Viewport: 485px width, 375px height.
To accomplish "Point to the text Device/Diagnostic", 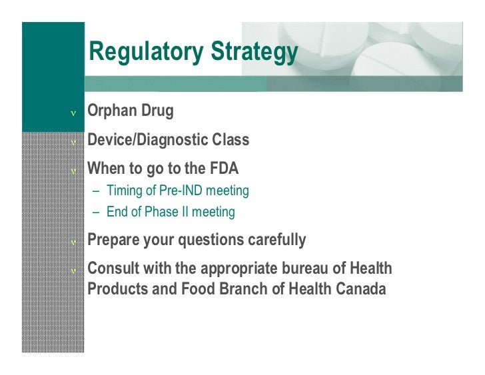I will click(x=149, y=140).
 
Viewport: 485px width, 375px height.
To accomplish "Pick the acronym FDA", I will click(x=223, y=169).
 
